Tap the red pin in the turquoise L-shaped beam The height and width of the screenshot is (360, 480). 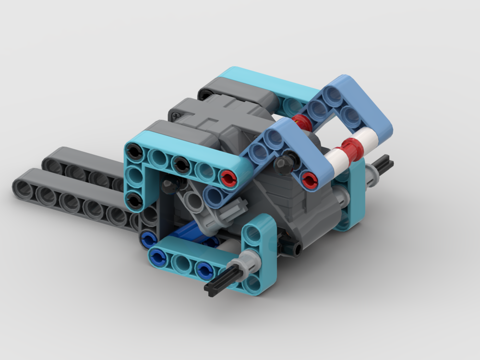click(x=228, y=178)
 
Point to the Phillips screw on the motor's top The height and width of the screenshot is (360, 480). click(x=178, y=116)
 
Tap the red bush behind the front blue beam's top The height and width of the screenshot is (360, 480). click(x=300, y=122)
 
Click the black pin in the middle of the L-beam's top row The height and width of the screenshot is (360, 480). click(x=180, y=164)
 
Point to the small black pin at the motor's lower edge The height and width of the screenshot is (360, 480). click(x=297, y=249)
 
